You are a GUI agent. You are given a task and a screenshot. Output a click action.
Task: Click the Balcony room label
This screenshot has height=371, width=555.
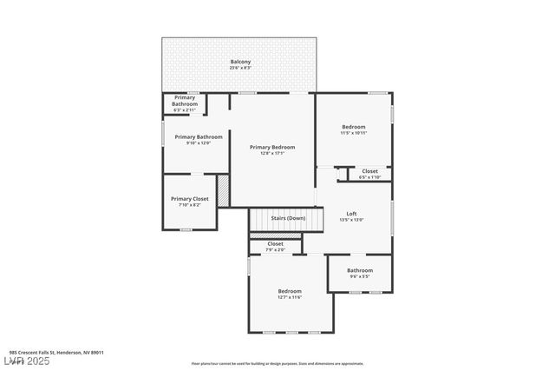pyautogui.click(x=240, y=62)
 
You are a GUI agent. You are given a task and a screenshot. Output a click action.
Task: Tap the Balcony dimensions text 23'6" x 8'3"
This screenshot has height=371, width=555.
pyautogui.click(x=240, y=68)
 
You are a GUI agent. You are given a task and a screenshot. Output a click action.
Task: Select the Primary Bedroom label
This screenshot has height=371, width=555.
pyautogui.click(x=272, y=147)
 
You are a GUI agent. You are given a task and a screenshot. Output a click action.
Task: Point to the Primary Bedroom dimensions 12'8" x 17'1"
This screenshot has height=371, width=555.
pyautogui.click(x=272, y=154)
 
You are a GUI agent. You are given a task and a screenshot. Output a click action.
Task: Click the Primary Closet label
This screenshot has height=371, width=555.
pyautogui.click(x=189, y=199)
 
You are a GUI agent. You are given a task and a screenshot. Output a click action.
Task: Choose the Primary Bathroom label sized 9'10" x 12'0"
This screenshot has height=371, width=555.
pyautogui.click(x=199, y=136)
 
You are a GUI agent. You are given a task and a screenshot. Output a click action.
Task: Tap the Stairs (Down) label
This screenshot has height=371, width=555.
pyautogui.click(x=288, y=218)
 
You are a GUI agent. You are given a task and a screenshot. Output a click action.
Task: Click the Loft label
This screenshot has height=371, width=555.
pyautogui.click(x=351, y=214)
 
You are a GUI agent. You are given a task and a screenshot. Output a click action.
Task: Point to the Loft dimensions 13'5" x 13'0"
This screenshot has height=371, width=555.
pyautogui.click(x=351, y=220)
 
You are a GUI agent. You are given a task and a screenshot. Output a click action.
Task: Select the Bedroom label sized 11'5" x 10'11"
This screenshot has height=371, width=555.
pyautogui.click(x=353, y=127)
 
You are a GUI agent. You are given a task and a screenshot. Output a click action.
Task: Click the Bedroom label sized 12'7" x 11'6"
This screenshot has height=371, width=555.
pyautogui.click(x=290, y=291)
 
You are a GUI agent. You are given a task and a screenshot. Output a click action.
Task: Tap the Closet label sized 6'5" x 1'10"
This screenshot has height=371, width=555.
pyautogui.click(x=369, y=171)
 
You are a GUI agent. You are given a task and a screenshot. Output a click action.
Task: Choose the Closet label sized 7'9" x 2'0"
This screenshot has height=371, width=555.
pyautogui.click(x=275, y=244)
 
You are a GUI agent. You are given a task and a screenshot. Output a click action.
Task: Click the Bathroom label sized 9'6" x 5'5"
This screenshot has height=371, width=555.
pyautogui.click(x=359, y=270)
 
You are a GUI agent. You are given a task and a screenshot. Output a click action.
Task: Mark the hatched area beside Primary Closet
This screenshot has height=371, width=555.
pyautogui.click(x=223, y=191)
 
